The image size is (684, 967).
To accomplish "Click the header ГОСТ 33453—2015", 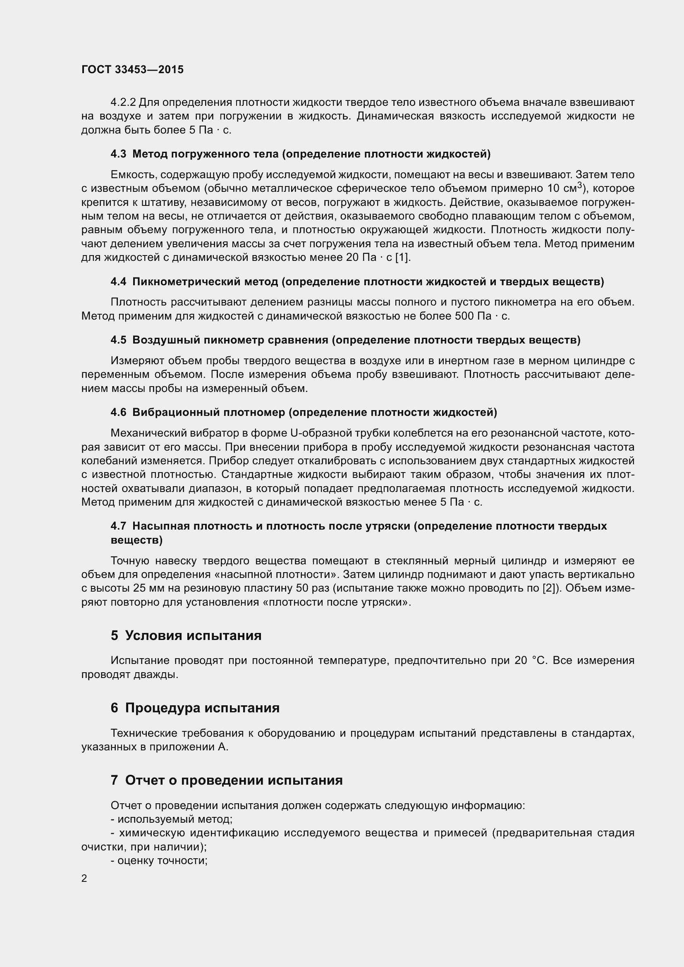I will (x=132, y=69).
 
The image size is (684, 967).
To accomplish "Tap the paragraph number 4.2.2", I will (x=123, y=103).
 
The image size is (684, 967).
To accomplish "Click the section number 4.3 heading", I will (x=118, y=154).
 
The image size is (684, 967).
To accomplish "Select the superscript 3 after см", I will (x=580, y=185).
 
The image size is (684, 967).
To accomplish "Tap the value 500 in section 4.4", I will (x=464, y=316).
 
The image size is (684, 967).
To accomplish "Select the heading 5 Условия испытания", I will (x=186, y=635).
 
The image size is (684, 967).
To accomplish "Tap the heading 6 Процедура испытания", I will (x=195, y=707).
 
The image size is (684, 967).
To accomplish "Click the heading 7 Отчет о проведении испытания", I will (x=227, y=781).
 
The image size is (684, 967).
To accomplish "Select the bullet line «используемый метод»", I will (x=172, y=819).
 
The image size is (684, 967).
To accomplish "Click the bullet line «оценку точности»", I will (x=159, y=860).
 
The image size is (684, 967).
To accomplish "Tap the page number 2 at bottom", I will (x=84, y=879).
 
